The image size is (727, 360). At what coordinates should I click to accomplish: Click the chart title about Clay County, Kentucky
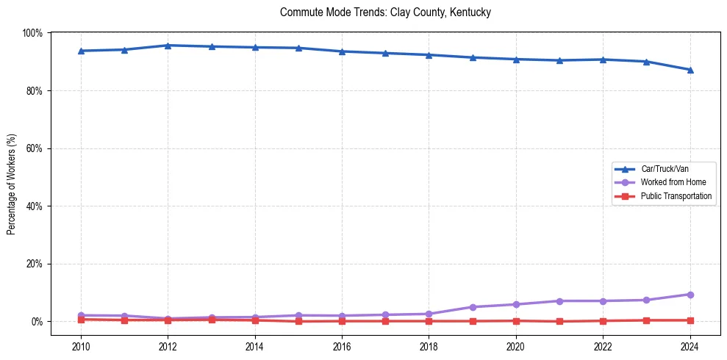coord(385,12)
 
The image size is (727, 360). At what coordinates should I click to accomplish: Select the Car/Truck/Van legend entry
coord(665,169)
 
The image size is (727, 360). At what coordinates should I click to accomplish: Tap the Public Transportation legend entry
coord(676,196)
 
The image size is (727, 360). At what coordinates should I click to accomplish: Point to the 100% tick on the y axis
coord(32,33)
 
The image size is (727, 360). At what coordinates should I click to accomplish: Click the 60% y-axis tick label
coord(34,148)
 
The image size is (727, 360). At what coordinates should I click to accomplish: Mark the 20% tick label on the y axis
coord(34,264)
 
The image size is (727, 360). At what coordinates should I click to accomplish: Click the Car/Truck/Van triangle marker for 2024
coord(690,70)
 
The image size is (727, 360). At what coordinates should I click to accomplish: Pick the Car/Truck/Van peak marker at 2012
coord(168,46)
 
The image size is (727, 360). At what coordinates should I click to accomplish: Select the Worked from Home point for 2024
coord(690,295)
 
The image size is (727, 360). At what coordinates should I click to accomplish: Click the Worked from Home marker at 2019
coord(473,307)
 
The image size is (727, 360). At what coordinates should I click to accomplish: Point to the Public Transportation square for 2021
coord(559,321)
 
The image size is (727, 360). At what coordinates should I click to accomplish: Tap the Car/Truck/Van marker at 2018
coord(429,55)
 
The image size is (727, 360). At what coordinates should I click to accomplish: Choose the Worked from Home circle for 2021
coord(559,301)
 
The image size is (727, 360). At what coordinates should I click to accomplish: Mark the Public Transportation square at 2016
coord(342,321)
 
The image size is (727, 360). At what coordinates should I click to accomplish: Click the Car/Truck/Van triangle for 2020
coord(516,60)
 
